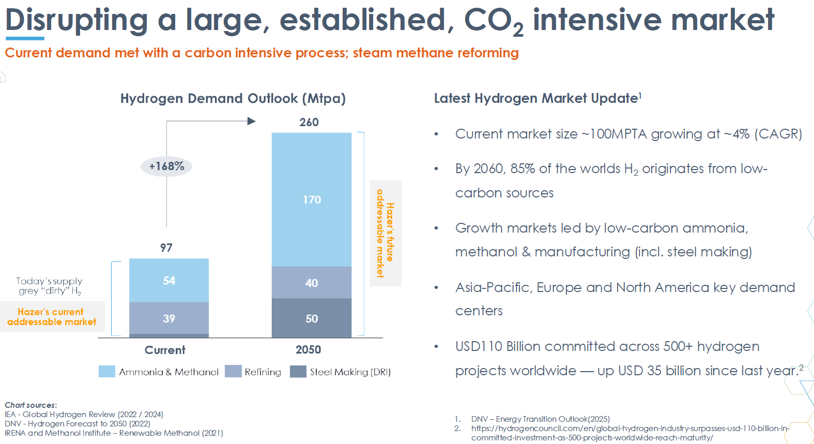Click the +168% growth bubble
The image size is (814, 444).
[166, 166]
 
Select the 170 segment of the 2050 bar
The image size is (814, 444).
[312, 200]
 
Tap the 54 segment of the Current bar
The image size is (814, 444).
[169, 281]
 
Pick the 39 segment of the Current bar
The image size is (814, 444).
[169, 318]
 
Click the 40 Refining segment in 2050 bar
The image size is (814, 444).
[312, 283]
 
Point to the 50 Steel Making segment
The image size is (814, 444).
[312, 318]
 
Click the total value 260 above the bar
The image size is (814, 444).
[309, 123]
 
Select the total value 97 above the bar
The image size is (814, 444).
[166, 248]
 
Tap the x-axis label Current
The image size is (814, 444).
[165, 350]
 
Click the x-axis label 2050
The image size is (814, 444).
[308, 350]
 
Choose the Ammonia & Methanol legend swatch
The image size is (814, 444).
[107, 372]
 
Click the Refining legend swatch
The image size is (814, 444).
[233, 372]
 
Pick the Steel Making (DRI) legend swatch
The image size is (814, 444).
[298, 372]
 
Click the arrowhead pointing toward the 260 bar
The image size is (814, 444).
[252, 121]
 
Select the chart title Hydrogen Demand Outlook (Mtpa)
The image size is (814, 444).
[233, 98]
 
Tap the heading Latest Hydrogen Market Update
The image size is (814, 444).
[536, 98]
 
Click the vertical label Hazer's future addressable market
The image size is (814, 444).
[386, 233]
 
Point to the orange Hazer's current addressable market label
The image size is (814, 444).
[52, 317]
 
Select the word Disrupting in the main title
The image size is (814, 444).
[76, 20]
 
